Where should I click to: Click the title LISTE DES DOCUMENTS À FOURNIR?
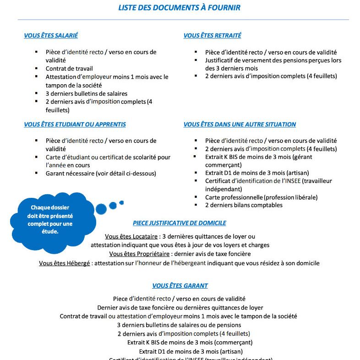point(179,8)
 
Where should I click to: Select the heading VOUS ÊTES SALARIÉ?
point(54,36)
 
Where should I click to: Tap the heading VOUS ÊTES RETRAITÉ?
point(212,36)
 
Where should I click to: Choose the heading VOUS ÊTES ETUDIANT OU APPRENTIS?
point(75,124)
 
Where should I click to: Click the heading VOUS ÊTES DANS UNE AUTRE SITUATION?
point(240,124)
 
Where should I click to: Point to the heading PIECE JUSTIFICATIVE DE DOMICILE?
point(179,223)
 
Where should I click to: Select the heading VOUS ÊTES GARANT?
point(180,285)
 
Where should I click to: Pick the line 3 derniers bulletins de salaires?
point(86,93)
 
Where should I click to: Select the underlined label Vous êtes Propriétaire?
point(139,254)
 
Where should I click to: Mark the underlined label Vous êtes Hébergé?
point(65,263)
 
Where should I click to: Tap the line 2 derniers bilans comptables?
point(244,205)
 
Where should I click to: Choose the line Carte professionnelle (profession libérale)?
point(261,197)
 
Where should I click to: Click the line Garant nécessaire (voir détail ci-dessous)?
point(101,173)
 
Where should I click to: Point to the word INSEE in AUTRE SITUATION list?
point(289,180)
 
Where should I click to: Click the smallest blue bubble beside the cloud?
point(121,202)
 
